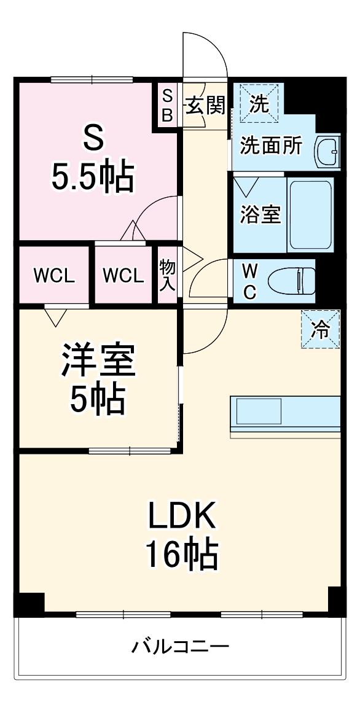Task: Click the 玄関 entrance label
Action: coord(205,106)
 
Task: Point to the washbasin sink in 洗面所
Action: coord(327,152)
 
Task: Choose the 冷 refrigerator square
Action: coord(320,329)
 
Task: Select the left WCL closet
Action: coord(54,275)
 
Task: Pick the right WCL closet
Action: coord(123,275)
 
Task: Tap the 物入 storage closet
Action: coord(167,275)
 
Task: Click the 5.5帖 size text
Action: coord(92,177)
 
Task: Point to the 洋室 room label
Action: coord(98,361)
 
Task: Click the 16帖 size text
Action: coord(181,555)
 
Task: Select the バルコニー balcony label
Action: coord(181,646)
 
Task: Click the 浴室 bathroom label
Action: coord(260,214)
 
